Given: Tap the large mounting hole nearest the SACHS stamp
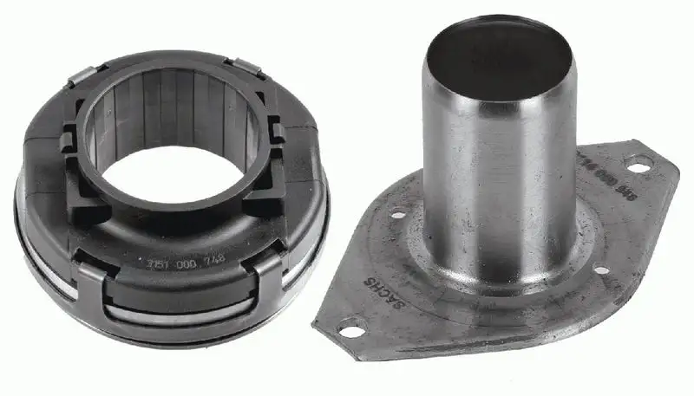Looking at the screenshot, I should (350, 330).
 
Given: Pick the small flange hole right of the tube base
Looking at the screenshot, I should (599, 270).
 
